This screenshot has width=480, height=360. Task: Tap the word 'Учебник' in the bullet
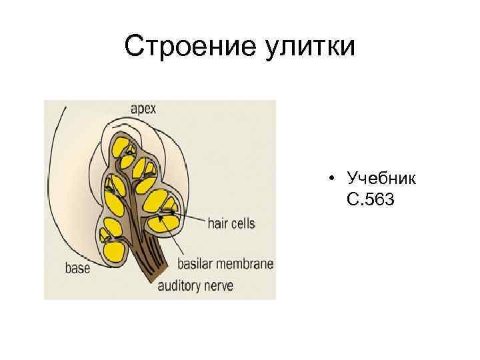(x=382, y=179)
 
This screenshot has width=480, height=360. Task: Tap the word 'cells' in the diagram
(x=242, y=223)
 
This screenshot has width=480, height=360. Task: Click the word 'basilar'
(x=197, y=263)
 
